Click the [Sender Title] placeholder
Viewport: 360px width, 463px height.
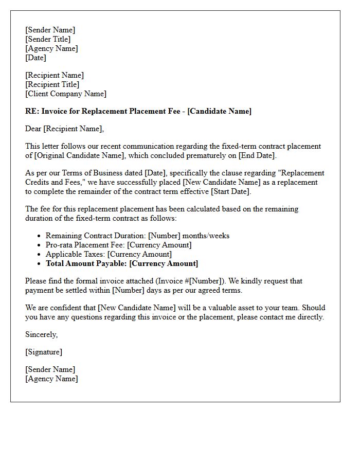pyautogui.click(x=48, y=39)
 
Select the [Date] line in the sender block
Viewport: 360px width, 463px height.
pyautogui.click(x=35, y=58)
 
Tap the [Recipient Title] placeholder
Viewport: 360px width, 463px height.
pyautogui.click(x=52, y=84)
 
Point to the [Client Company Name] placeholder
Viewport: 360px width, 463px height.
pyautogui.click(x=66, y=94)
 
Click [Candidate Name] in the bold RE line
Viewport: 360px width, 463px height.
pyautogui.click(x=220, y=111)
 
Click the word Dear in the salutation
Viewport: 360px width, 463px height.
pyautogui.click(x=33, y=129)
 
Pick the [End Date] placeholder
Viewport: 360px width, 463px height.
pyautogui.click(x=257, y=155)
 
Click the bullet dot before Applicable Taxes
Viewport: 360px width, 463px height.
pyautogui.click(x=40, y=255)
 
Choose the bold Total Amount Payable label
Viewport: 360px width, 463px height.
pyautogui.click(x=86, y=263)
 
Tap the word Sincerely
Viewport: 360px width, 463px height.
pyautogui.click(x=41, y=334)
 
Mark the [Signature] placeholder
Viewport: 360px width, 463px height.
pyautogui.click(x=44, y=352)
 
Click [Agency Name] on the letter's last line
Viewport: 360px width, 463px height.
pyautogui.click(x=51, y=379)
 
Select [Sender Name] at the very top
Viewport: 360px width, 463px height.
pyautogui.click(x=50, y=30)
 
